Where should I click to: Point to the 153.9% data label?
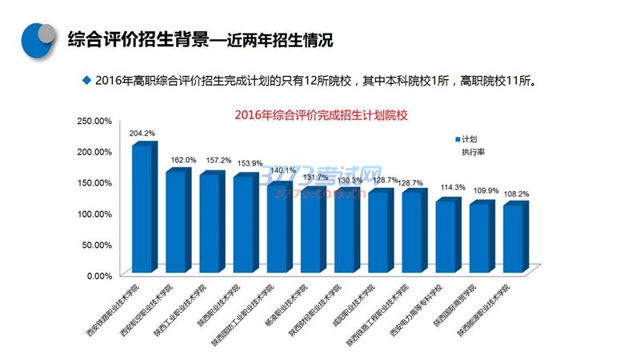(x=248, y=163)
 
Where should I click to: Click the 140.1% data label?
(x=282, y=170)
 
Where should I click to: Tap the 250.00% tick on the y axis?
(x=94, y=121)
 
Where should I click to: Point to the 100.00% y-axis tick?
(x=94, y=214)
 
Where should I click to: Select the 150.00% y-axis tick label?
(x=94, y=182)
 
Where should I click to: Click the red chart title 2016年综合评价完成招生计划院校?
(x=322, y=115)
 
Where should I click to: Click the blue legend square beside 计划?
(x=457, y=138)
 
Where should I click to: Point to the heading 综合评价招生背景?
(x=136, y=38)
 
